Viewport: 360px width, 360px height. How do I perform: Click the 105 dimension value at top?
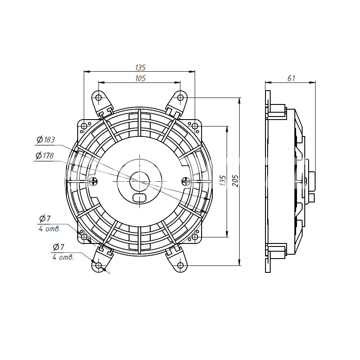(x=140, y=79)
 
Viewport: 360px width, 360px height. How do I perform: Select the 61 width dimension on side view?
(x=291, y=79)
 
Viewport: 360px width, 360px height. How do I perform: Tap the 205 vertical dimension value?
(x=235, y=181)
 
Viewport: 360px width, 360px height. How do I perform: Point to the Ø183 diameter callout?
(x=46, y=139)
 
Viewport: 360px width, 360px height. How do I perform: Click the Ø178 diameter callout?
(x=44, y=156)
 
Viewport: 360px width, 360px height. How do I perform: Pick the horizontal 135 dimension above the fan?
(x=140, y=67)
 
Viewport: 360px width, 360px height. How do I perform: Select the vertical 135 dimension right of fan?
(x=223, y=180)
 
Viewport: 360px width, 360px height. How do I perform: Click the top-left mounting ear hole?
(x=98, y=98)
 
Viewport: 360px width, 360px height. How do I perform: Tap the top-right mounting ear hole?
(x=180, y=98)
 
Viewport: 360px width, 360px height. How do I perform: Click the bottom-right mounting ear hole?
(x=180, y=265)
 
